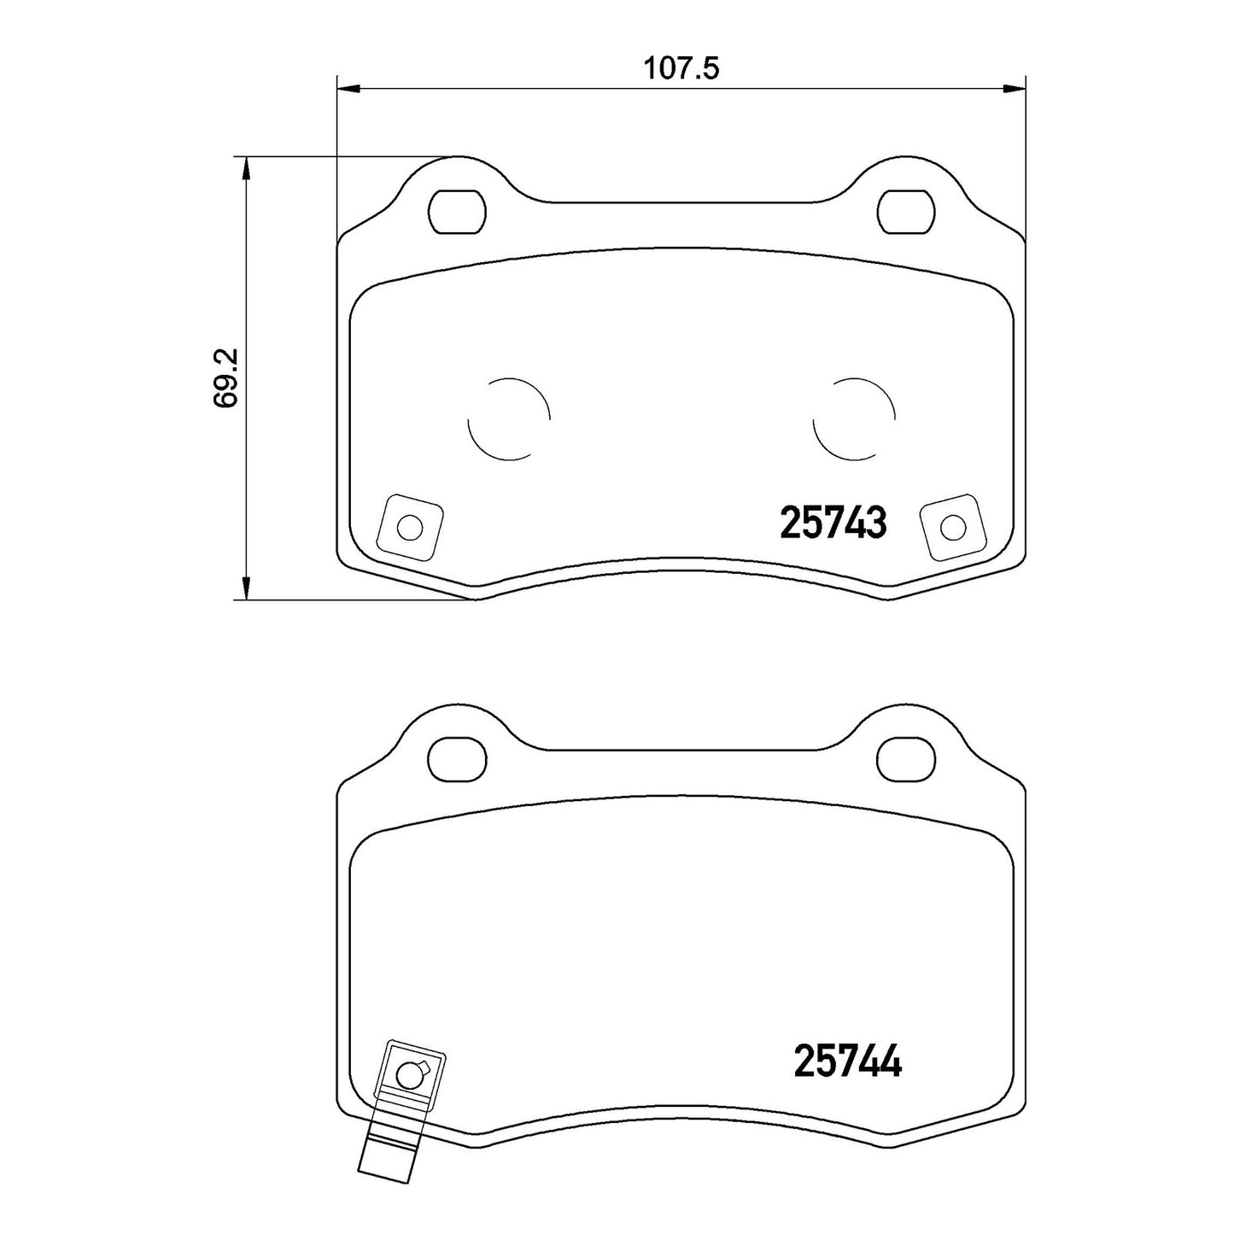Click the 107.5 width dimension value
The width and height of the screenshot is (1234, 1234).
point(681,68)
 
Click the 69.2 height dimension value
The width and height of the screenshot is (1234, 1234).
point(226,377)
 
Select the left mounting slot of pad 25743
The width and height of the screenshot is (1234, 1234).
point(457,212)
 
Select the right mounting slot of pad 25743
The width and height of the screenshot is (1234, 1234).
point(905,212)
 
